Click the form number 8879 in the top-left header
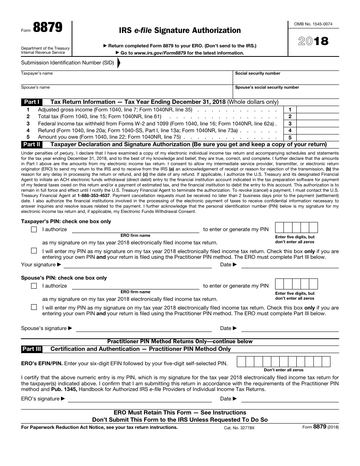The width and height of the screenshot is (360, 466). pos(48,28)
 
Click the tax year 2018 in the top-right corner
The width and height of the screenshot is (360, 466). pos(313,41)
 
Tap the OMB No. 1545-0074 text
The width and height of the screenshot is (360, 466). pos(313,24)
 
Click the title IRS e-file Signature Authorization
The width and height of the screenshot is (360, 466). pos(180,30)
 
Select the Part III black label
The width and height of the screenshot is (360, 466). pos(32,349)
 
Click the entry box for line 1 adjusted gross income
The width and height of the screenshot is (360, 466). pos(318,110)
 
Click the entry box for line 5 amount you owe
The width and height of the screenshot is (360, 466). pos(318,138)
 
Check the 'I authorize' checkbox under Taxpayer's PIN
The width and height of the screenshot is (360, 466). pos(34,229)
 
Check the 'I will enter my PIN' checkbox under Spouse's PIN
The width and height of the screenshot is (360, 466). pos(34,307)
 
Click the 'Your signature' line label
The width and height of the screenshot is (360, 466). pos(38,264)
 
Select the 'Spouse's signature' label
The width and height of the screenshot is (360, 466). pos(44,328)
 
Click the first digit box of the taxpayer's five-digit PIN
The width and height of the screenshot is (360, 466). pos(279,227)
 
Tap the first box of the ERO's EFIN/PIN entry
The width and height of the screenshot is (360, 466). pos(241,362)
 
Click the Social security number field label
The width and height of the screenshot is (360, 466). pos(258,73)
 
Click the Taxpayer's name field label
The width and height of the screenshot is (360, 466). pos(37,73)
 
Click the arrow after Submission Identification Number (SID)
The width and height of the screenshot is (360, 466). pos(119,63)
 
